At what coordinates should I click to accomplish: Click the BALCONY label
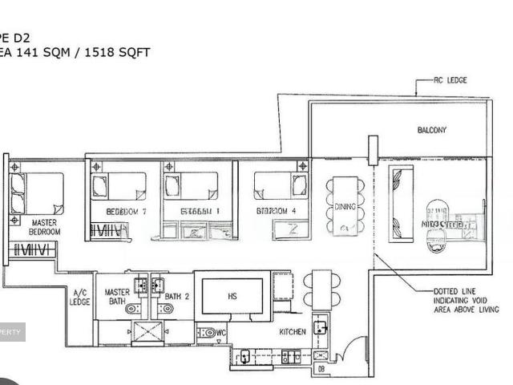coord(431,130)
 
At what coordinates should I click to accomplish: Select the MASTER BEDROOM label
coord(44,227)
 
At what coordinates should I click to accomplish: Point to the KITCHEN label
coord(293,331)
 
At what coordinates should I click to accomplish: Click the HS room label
coord(232,296)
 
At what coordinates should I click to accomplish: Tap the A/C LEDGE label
coord(80,298)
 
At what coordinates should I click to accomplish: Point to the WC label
coord(220,332)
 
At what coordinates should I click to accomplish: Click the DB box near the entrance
coord(321,369)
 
